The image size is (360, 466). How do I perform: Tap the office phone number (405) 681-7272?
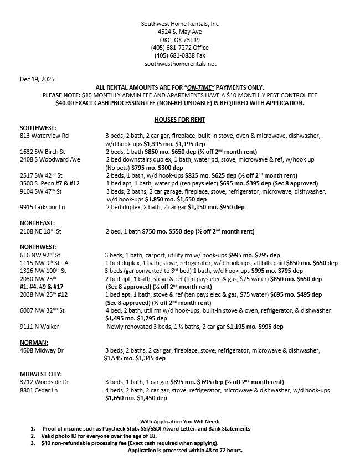click(172, 48)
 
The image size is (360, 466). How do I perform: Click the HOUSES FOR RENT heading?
click(179, 120)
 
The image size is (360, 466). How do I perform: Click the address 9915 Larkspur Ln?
click(43, 207)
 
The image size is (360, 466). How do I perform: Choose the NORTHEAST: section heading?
click(37, 223)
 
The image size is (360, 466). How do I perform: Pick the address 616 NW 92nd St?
click(40, 255)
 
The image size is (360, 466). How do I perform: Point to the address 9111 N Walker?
click(39, 327)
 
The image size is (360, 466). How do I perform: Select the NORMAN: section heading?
click(34, 343)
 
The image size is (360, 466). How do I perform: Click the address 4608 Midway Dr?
click(42, 350)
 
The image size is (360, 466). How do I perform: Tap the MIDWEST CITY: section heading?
click(41, 374)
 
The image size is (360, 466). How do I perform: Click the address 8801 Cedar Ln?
click(39, 390)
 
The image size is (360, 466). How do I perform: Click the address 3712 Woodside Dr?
click(44, 382)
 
